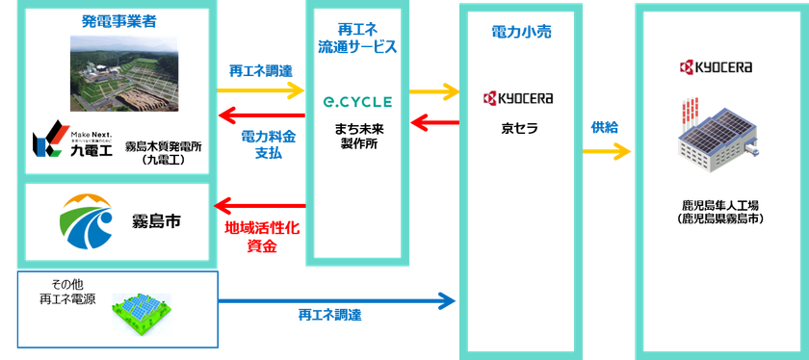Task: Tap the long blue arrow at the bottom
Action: click(x=337, y=301)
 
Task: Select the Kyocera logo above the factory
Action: click(x=716, y=66)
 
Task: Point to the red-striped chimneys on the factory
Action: click(x=695, y=111)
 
